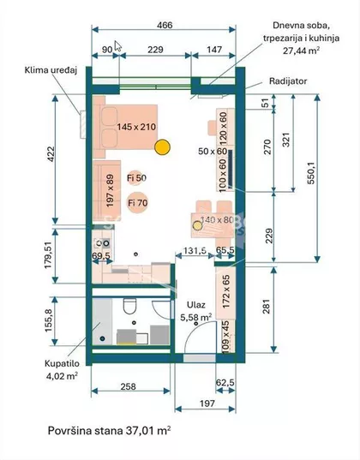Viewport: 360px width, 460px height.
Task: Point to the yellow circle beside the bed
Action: click(160, 147)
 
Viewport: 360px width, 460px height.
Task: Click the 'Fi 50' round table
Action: click(136, 176)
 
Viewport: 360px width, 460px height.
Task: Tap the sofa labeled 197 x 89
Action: click(108, 190)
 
